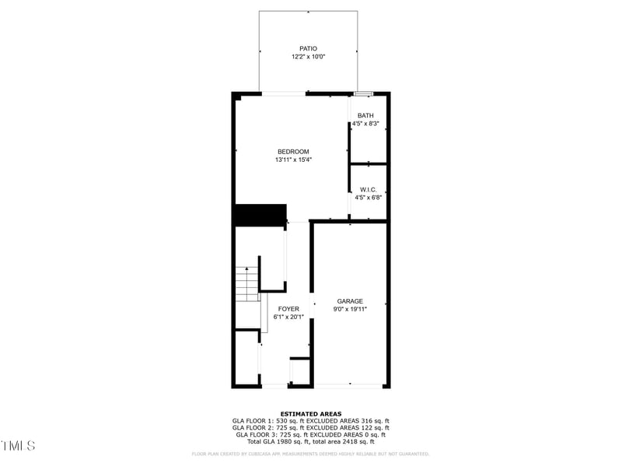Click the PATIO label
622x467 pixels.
point(309,48)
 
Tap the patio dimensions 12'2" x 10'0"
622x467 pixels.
point(309,57)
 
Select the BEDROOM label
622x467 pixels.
point(293,151)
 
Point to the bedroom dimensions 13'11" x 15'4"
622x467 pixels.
point(293,160)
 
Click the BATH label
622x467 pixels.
point(365,116)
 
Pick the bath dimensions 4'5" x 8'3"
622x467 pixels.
point(365,124)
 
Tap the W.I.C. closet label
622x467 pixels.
point(368,189)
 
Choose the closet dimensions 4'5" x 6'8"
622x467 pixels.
point(368,198)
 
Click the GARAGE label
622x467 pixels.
point(350,301)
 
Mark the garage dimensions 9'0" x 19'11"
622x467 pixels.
point(350,309)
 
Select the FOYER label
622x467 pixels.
point(288,309)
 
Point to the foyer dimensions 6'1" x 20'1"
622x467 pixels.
point(288,317)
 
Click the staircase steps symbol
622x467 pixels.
point(246,284)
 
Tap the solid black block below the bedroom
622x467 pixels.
point(260,215)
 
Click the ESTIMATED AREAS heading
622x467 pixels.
point(311,414)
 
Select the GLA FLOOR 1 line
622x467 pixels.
point(311,421)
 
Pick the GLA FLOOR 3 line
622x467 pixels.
point(311,434)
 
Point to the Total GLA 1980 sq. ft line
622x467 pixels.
point(311,441)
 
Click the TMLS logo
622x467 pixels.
point(18,446)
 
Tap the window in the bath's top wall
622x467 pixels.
point(363,94)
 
